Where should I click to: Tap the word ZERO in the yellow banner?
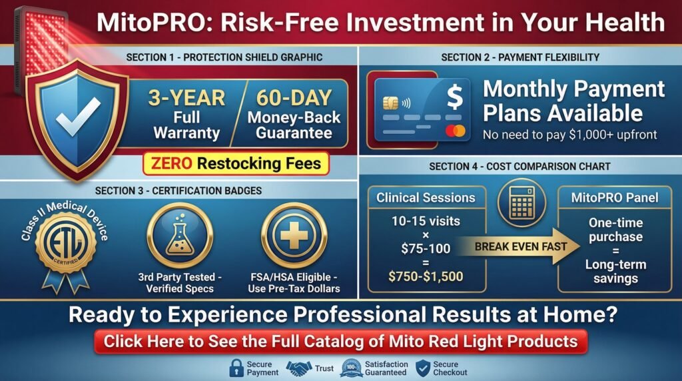pyautogui.click(x=171, y=164)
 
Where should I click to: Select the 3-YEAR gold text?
pyautogui.click(x=186, y=98)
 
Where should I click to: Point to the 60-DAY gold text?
pyautogui.click(x=294, y=98)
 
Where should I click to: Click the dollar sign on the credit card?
pyautogui.click(x=454, y=97)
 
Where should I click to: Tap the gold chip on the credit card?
pyautogui.click(x=390, y=103)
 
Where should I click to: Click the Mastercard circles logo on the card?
pyautogui.click(x=456, y=131)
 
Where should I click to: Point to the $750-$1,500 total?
pyautogui.click(x=426, y=276)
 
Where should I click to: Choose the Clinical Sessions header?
pyautogui.click(x=426, y=198)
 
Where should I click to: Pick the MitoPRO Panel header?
pyautogui.click(x=615, y=198)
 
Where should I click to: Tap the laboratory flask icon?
pyautogui.click(x=180, y=236)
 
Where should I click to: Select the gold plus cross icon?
pyautogui.click(x=294, y=236)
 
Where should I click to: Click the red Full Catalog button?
pyautogui.click(x=340, y=342)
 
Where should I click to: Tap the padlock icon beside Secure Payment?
pyautogui.click(x=236, y=368)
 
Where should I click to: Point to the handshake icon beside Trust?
pyautogui.click(x=299, y=368)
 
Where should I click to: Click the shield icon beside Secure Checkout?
pyautogui.click(x=423, y=368)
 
